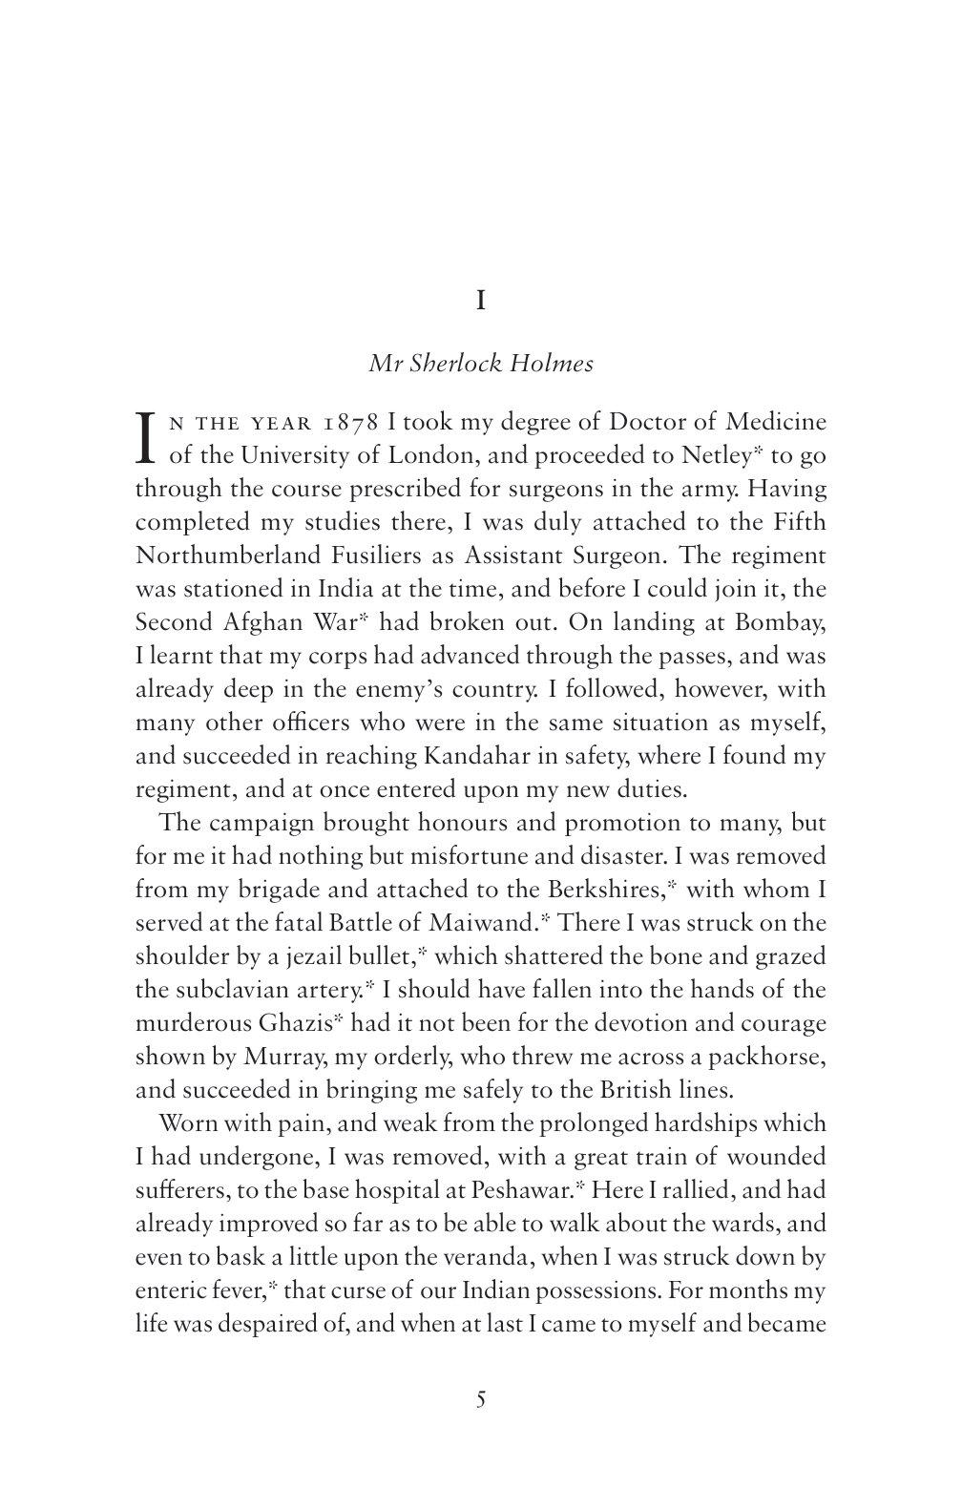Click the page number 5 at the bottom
tap(481, 1400)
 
